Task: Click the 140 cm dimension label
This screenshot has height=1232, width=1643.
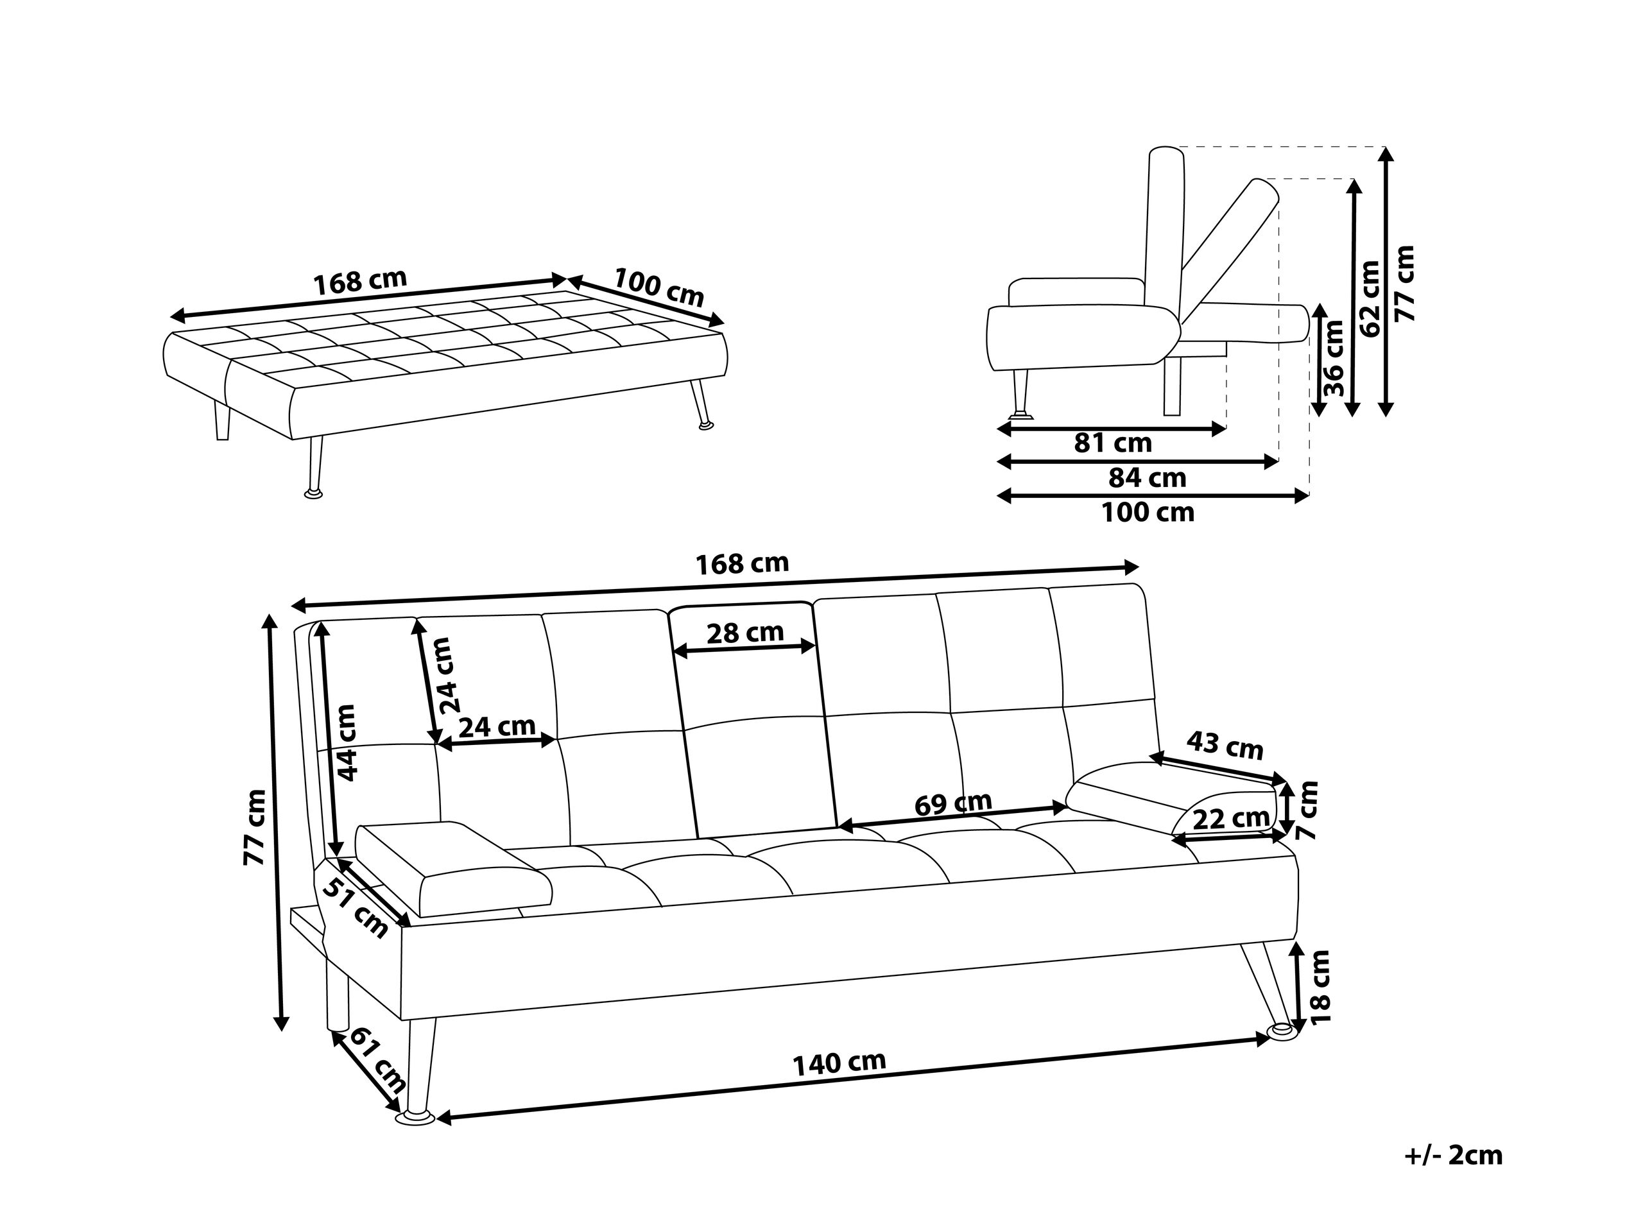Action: point(839,1063)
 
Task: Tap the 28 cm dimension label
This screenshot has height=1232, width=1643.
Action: point(744,633)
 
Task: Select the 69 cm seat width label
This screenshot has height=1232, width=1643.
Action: point(953,803)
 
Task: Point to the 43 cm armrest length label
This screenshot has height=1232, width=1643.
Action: point(1225,746)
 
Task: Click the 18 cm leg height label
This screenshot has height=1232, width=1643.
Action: point(1321,987)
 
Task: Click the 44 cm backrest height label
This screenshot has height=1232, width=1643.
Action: point(346,742)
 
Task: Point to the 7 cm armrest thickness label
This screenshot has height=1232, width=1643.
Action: point(1307,810)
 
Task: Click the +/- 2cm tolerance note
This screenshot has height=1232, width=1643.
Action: point(1454,1156)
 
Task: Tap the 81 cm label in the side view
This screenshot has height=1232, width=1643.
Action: point(1113,443)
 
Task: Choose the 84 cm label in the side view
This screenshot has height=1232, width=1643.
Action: point(1147,477)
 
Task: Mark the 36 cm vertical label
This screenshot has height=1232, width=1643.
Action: point(1335,357)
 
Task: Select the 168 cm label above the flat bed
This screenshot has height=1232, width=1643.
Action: point(360,282)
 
